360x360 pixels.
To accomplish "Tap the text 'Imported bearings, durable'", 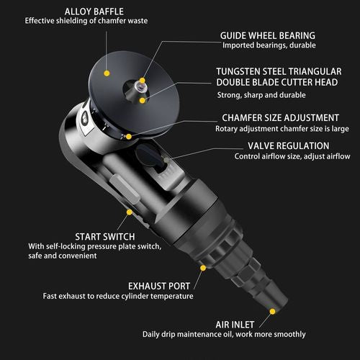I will pos(267,45).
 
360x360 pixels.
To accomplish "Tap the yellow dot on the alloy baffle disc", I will pos(107,73).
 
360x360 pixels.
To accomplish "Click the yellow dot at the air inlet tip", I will pos(272,312).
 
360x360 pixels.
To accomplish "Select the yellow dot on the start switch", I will pos(128,212).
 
